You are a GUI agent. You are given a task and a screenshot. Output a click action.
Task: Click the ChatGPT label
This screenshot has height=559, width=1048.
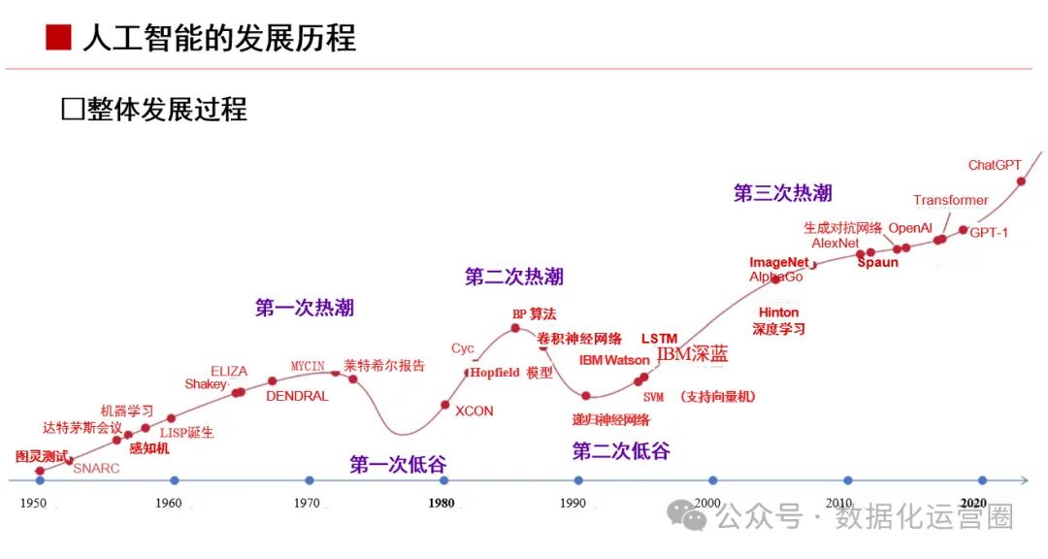[x=995, y=166]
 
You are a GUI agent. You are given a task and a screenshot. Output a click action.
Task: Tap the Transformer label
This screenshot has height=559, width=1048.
[x=950, y=201]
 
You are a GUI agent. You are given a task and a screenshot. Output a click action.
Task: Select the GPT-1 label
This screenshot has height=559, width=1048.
[x=989, y=233]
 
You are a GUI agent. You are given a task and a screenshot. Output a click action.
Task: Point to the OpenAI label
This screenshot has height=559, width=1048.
[x=910, y=228]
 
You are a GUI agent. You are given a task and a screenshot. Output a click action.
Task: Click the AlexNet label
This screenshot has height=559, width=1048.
[x=835, y=244]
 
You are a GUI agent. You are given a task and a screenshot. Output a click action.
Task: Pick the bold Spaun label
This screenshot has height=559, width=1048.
[x=877, y=263]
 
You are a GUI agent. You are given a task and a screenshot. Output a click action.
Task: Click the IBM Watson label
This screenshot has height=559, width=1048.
[x=614, y=361]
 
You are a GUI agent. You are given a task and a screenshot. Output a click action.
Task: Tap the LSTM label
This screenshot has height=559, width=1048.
[x=659, y=339]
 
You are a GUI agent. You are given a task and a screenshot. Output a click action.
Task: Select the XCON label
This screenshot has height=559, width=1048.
[x=474, y=411]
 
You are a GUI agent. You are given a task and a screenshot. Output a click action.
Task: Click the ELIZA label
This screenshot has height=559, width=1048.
[x=229, y=372]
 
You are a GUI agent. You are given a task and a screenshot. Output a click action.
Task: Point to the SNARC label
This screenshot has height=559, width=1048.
[x=96, y=469]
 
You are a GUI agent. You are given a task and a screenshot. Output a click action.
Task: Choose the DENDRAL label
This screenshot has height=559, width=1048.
[x=297, y=397]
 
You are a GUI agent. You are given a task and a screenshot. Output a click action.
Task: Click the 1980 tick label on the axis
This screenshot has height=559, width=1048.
[x=441, y=504]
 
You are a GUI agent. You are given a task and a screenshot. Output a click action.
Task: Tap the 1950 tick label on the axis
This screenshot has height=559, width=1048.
[x=33, y=504]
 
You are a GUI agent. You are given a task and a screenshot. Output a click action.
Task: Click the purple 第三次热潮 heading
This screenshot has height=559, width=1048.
[x=782, y=193]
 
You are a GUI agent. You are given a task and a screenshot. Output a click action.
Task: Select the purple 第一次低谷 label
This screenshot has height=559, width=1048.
[x=398, y=465]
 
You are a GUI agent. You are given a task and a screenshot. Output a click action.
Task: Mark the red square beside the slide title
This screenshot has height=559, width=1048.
[x=58, y=38]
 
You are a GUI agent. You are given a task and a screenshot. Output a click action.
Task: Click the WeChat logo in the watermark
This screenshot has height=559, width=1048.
[x=693, y=516]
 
